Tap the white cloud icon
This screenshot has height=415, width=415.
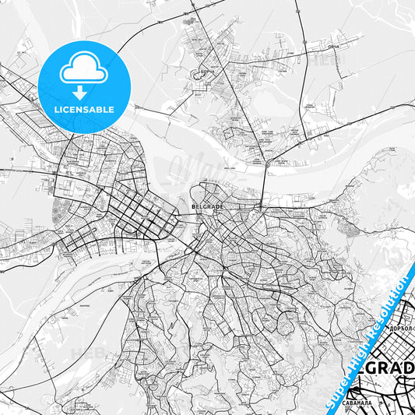83,68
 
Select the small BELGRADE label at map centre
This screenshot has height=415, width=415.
207,207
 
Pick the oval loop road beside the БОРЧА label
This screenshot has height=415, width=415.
194,75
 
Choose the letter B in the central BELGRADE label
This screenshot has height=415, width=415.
193,207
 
